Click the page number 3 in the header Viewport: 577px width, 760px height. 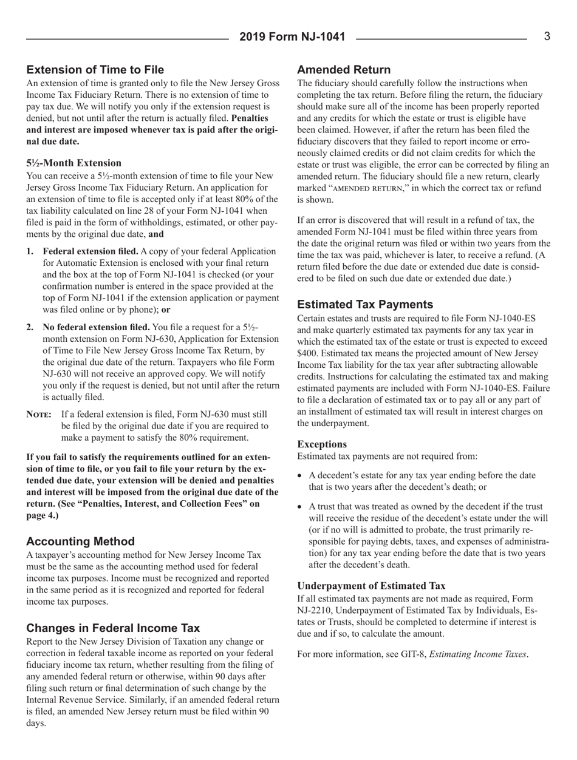click(x=547, y=37)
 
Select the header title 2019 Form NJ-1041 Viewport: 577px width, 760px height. click(x=288, y=38)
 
